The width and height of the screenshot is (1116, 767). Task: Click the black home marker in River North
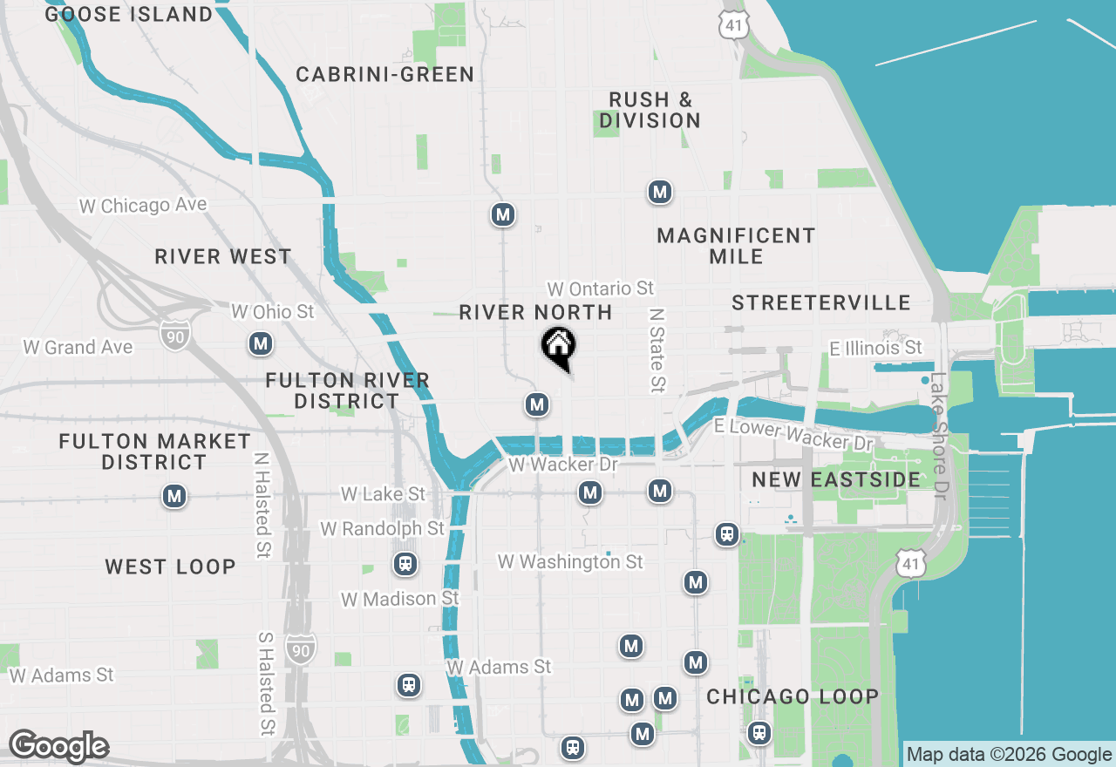[558, 346]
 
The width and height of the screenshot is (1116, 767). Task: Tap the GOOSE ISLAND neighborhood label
[129, 15]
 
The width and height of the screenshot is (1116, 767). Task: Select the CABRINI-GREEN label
[385, 75]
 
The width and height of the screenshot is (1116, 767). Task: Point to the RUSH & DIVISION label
[650, 111]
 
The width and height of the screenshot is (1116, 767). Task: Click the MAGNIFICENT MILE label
[737, 246]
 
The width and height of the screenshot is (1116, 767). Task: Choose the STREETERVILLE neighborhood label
[821, 303]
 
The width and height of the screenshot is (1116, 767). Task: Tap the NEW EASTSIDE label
[836, 480]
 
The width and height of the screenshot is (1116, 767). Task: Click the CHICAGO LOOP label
[793, 697]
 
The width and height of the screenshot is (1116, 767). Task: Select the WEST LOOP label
[171, 567]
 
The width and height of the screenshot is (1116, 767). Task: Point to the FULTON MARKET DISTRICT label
[155, 451]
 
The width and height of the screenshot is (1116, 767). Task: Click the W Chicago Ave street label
[143, 206]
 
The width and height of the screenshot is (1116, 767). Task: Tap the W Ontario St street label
[601, 288]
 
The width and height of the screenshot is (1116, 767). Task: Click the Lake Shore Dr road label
[938, 436]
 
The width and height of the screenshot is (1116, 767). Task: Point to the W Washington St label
[570, 562]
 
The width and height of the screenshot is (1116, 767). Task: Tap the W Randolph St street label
[382, 529]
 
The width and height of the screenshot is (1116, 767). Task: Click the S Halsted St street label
[266, 682]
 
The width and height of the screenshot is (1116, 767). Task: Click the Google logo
[58, 747]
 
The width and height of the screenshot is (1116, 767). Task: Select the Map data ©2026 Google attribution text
[1009, 755]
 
